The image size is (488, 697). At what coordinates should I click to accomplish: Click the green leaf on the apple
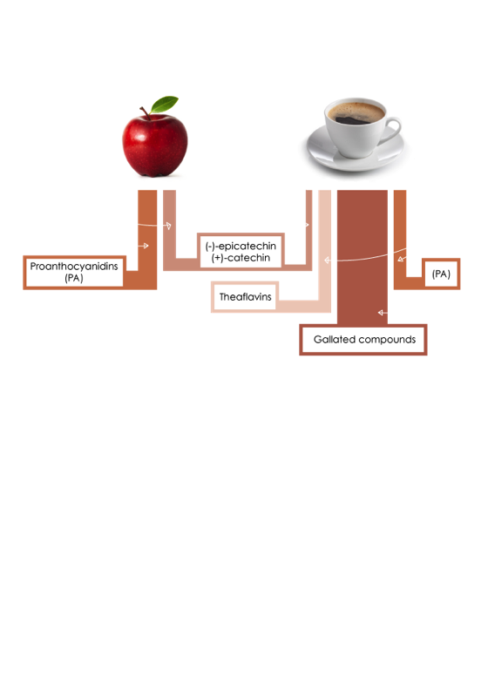pyautogui.click(x=164, y=105)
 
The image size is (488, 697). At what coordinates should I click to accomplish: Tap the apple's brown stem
pyautogui.click(x=146, y=113)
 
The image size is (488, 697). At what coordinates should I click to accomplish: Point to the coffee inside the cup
pyautogui.click(x=356, y=113)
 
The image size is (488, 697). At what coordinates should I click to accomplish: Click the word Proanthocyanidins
pyautogui.click(x=74, y=267)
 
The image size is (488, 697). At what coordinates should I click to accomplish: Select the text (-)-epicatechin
pyautogui.click(x=241, y=246)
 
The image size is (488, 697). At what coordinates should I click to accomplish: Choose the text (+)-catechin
pyautogui.click(x=241, y=258)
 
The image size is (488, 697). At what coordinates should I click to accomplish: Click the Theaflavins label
pyautogui.click(x=245, y=296)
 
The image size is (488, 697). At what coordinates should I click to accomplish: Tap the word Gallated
pyautogui.click(x=335, y=339)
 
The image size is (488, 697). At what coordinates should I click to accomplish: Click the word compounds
pyautogui.click(x=387, y=340)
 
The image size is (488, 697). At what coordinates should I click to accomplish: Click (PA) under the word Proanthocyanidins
pyautogui.click(x=74, y=278)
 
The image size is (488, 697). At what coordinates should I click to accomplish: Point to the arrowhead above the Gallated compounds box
pyautogui.click(x=381, y=313)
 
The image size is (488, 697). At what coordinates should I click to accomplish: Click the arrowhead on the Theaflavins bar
pyautogui.click(x=328, y=260)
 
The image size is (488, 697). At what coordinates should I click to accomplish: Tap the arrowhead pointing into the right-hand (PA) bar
pyautogui.click(x=401, y=259)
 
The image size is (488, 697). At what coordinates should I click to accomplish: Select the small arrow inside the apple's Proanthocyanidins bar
pyautogui.click(x=143, y=246)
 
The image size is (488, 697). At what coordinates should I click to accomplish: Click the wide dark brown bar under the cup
pyautogui.click(x=363, y=257)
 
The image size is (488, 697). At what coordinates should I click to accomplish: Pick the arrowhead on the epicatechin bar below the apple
pyautogui.click(x=168, y=226)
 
